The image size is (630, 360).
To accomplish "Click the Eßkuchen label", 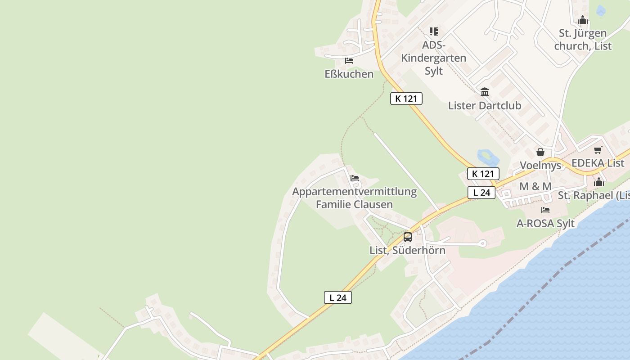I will (x=349, y=74).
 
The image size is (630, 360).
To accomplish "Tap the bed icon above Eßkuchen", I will (x=349, y=61).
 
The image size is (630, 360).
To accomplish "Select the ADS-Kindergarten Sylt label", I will (x=433, y=58).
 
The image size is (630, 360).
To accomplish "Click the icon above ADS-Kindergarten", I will (x=433, y=31).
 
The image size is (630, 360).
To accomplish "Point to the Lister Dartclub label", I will (x=484, y=106).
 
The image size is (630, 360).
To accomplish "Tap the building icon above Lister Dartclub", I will (x=485, y=92).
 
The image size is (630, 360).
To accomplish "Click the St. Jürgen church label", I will (x=583, y=40).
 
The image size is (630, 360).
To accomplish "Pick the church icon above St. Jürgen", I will (x=583, y=20).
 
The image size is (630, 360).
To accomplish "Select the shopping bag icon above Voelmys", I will (x=540, y=152).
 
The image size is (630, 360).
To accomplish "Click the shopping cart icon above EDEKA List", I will (x=598, y=150).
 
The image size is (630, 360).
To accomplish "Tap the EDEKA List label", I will (x=598, y=163).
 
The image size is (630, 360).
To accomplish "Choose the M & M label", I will (x=535, y=186).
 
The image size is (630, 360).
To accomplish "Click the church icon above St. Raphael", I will (x=598, y=182).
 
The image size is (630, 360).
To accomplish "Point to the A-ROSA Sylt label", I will (x=545, y=223).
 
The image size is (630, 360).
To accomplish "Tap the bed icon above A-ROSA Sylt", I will (x=545, y=210).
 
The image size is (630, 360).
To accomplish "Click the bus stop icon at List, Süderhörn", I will (x=407, y=237).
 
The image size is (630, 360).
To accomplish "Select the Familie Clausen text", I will (x=354, y=204).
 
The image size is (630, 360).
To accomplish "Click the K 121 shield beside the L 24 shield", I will (x=483, y=174).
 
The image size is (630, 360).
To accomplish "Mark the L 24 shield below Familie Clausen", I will (x=337, y=297).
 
